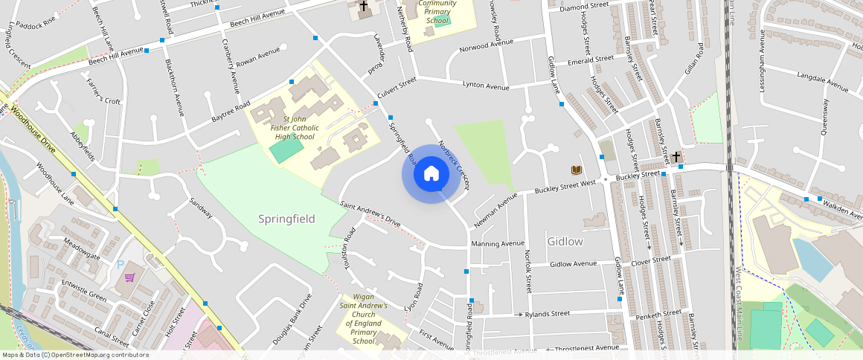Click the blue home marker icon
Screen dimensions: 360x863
pyautogui.click(x=431, y=174)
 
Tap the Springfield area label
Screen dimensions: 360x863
pyautogui.click(x=287, y=219)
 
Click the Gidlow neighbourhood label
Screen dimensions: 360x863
pyautogui.click(x=565, y=242)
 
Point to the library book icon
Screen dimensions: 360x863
pyautogui.click(x=576, y=170)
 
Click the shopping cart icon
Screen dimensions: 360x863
pyautogui.click(x=131, y=277)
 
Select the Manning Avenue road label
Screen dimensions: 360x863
pyautogui.click(x=498, y=243)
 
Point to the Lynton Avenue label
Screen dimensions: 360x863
pyautogui.click(x=486, y=86)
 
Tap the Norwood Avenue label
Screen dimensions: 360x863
pyautogui.click(x=487, y=46)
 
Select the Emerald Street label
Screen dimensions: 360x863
pyautogui.click(x=590, y=59)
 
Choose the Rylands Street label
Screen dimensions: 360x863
pyautogui.click(x=547, y=314)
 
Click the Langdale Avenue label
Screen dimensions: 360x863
pyautogui.click(x=822, y=82)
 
